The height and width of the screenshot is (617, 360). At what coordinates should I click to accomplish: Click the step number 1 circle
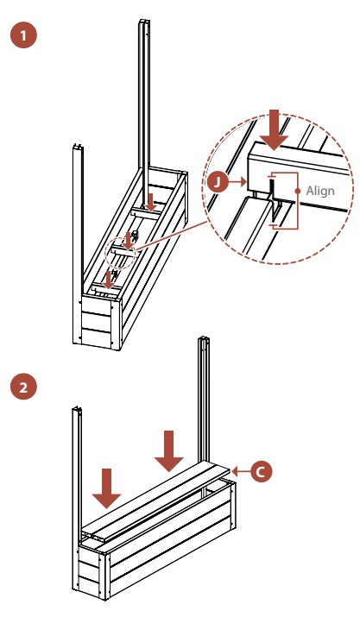tap(23, 35)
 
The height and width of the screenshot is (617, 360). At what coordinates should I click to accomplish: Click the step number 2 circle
tap(23, 387)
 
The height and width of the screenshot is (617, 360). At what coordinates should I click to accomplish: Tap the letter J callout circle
tap(218, 182)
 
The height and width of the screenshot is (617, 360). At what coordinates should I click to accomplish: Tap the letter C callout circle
tap(260, 471)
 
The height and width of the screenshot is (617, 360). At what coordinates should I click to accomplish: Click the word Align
tap(320, 191)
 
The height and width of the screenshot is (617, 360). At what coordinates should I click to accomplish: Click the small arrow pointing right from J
tap(238, 182)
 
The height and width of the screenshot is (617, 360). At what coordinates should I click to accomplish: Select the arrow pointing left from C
tap(240, 471)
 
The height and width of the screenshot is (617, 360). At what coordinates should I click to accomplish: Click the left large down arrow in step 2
tap(106, 488)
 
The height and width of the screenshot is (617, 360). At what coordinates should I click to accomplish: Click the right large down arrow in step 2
tap(169, 451)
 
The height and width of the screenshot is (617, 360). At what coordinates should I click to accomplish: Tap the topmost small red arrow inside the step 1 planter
tap(150, 202)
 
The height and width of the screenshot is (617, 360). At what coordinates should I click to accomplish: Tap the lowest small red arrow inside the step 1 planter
tap(108, 279)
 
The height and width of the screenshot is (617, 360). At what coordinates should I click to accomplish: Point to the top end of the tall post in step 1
tap(144, 21)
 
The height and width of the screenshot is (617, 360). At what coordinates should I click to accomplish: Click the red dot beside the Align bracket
tap(298, 192)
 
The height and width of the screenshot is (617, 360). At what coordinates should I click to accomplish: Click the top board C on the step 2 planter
tap(157, 496)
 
